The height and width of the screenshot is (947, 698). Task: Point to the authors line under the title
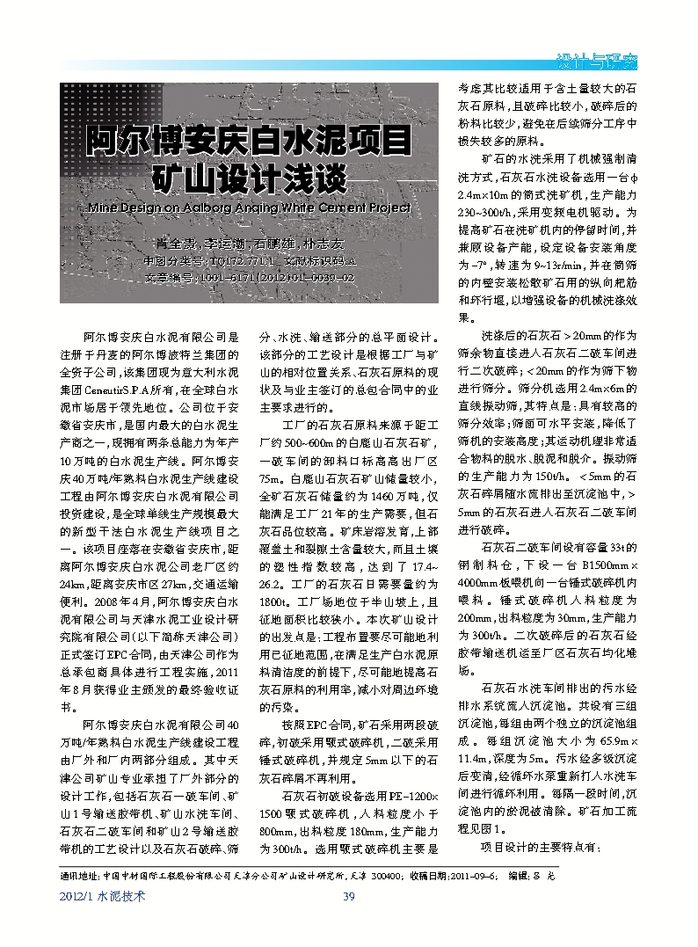pos(249,243)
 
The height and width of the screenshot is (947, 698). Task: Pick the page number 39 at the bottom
pos(347,896)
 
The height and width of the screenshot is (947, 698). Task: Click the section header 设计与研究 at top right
pos(598,62)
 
